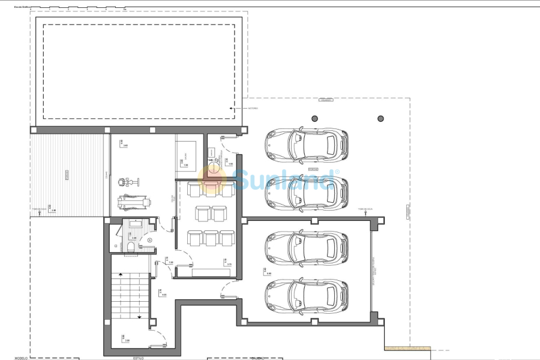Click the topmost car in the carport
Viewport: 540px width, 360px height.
click(306, 144)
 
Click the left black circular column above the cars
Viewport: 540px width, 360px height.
click(314, 118)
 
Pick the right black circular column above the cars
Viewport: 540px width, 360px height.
click(379, 118)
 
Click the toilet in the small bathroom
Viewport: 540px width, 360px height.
click(130, 247)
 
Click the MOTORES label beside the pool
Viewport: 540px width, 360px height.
click(253, 109)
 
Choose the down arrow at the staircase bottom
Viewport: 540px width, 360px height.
click(139, 317)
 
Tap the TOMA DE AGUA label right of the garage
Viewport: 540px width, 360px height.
click(366, 209)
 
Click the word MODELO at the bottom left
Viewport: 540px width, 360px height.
click(22, 358)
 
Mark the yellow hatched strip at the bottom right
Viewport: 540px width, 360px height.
click(407, 348)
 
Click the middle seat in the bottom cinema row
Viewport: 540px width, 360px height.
click(211, 238)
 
